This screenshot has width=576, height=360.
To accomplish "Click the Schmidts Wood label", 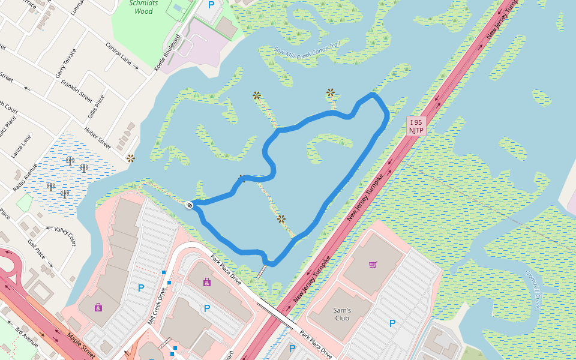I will click(x=143, y=7).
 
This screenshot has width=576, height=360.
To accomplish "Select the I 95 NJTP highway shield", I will click(x=416, y=126).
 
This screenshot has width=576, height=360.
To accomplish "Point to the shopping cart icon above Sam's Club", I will click(x=373, y=265).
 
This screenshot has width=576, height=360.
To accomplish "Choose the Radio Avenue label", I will click(x=25, y=177).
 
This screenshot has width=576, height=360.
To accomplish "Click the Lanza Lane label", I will click(x=20, y=146).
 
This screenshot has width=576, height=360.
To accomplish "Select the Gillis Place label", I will click(x=96, y=106).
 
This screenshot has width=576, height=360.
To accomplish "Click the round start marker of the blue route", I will click(x=190, y=205).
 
